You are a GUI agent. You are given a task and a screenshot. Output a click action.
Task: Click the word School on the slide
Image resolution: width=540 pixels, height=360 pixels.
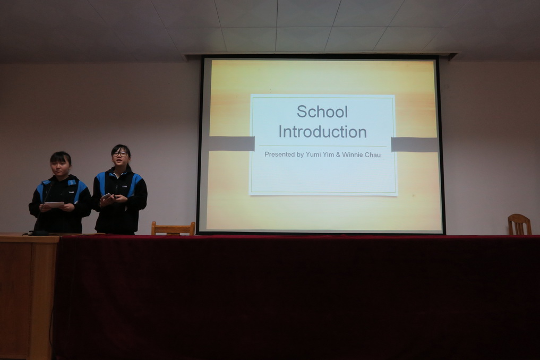[322, 112]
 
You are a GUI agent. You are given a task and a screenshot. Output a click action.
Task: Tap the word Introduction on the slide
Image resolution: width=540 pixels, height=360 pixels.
[323, 132]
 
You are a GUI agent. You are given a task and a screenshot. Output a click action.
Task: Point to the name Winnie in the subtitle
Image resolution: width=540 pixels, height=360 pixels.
[353, 155]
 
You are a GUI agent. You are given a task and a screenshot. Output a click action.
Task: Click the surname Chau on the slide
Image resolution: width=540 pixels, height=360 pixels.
[373, 155]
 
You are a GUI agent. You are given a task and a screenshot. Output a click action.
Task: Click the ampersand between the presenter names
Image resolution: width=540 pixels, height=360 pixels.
[338, 155]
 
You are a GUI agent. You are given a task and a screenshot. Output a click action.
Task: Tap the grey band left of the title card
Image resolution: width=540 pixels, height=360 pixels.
[232, 143]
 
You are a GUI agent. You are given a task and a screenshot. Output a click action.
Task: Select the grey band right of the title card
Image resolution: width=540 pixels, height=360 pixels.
[414, 144]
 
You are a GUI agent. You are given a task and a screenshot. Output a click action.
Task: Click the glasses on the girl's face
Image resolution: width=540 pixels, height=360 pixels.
[120, 154]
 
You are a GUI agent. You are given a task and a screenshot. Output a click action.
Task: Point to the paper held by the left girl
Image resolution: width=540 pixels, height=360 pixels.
[54, 204]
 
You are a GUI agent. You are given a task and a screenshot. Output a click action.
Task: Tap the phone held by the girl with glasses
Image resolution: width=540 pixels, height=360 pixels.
[107, 196]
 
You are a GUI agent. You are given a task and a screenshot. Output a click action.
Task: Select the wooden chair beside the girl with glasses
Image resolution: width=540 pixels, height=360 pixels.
[173, 228]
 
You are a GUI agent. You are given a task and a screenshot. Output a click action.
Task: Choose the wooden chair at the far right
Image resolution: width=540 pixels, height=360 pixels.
[519, 225]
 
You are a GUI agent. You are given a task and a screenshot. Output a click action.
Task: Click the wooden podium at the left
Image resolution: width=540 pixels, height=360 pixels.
[28, 296]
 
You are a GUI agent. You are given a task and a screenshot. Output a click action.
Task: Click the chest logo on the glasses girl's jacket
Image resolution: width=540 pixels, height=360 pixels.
[124, 186]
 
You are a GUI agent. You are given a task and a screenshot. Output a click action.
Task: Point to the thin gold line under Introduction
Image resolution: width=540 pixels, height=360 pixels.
[323, 146]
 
